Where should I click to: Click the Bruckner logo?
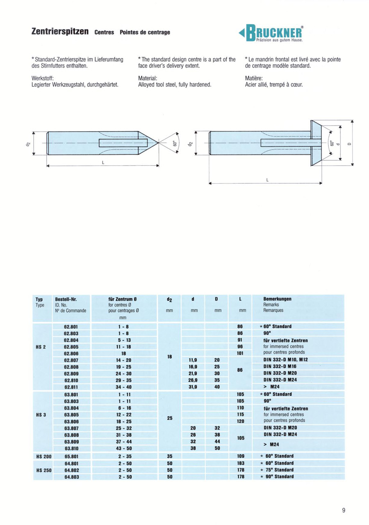[x=272, y=33]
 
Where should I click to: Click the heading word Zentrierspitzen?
[x=61, y=32]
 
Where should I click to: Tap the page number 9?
[x=344, y=510]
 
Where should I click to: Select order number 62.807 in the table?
[x=71, y=359]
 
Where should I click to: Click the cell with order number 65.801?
[x=71, y=456]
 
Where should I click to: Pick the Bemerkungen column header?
[x=277, y=299]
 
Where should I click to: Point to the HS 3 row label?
[x=41, y=415]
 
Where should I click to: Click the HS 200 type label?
[x=43, y=456]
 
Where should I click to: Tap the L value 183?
[x=241, y=463]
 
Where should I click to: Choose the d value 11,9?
[x=194, y=359]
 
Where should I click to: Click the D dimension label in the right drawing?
[x=349, y=143]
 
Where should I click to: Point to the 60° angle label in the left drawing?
[x=173, y=143]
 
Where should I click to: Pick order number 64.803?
[x=71, y=477]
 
